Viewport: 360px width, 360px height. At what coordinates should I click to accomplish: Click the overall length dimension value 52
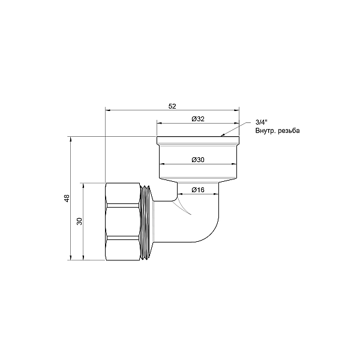[172, 106]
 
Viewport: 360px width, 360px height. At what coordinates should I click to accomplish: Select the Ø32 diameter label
[198, 119]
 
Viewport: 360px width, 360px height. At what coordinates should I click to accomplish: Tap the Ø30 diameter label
[198, 160]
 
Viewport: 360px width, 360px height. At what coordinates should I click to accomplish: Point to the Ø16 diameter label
[199, 190]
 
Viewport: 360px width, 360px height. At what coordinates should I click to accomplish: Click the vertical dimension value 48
[67, 199]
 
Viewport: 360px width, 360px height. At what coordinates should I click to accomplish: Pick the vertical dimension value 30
[79, 221]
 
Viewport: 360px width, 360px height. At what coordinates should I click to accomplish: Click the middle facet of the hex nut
[125, 222]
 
